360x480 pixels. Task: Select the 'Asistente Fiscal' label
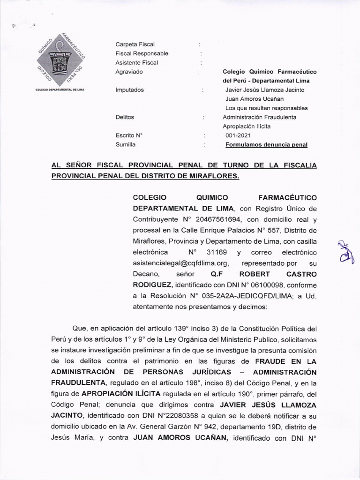pyautogui.click(x=137, y=62)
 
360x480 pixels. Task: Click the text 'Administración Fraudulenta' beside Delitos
pyautogui.click(x=259, y=117)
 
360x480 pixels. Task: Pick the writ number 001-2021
pyautogui.click(x=238, y=135)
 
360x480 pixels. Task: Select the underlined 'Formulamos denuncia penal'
pyautogui.click(x=266, y=145)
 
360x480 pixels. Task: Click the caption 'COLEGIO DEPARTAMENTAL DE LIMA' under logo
pyautogui.click(x=60, y=89)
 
